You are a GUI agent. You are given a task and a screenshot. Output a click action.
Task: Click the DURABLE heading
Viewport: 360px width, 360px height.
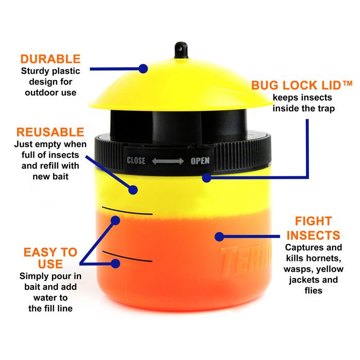tap(51, 59)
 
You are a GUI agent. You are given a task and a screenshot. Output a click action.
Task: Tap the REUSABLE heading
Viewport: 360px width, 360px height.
tap(50, 132)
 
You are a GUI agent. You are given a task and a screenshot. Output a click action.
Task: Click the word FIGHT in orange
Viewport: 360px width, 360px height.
tap(314, 221)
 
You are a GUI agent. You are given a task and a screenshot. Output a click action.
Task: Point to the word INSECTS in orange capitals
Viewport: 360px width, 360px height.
tap(314, 236)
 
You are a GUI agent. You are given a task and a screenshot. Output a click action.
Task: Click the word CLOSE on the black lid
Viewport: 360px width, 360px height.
tap(136, 161)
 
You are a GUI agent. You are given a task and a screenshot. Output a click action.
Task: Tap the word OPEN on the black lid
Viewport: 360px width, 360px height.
tap(200, 161)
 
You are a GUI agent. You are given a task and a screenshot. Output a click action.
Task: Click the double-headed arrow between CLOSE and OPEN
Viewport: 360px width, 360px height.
tap(168, 161)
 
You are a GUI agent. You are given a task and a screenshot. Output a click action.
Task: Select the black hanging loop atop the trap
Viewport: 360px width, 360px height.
tap(181, 50)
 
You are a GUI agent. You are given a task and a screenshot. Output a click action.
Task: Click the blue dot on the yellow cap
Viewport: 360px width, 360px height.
tap(143, 69)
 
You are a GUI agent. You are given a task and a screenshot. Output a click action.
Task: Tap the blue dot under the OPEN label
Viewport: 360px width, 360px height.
tap(207, 178)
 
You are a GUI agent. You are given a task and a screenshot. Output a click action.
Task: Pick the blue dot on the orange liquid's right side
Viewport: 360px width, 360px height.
tap(220, 237)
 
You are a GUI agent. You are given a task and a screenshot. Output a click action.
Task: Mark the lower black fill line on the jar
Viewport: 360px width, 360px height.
tap(127, 257)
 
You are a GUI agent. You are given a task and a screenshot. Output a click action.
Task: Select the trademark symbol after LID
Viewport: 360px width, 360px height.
tap(348, 83)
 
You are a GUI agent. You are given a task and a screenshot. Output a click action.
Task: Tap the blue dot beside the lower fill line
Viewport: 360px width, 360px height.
tap(116, 264)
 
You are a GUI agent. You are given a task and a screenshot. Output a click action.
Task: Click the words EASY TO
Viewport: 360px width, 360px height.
tap(51, 252)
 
